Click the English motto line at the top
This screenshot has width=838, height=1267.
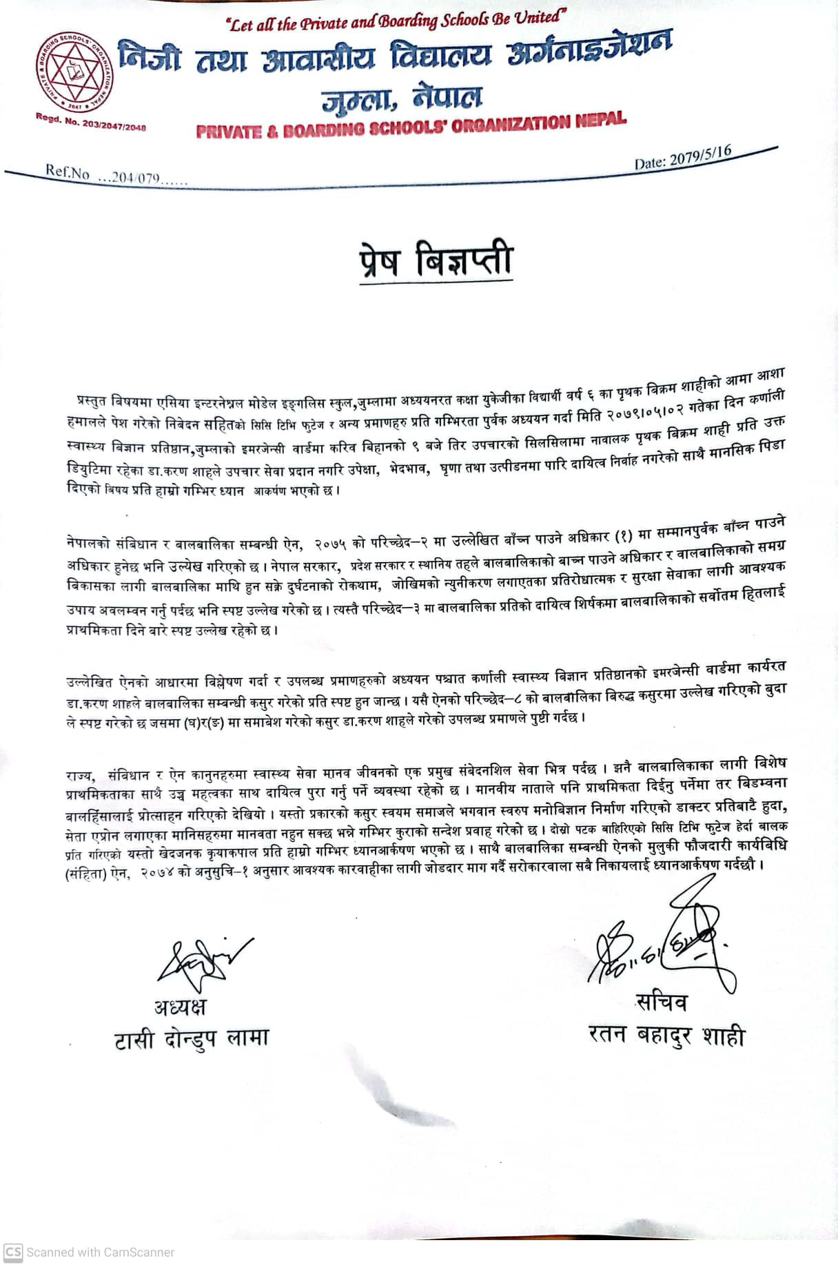click(x=398, y=22)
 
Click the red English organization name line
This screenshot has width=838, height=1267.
click(x=411, y=125)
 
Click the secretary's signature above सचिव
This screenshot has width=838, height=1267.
click(x=662, y=944)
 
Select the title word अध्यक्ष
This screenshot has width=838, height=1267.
click(x=180, y=1007)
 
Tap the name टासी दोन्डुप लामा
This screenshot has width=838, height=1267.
click(x=192, y=1038)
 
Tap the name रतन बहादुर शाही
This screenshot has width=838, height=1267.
click(x=666, y=1035)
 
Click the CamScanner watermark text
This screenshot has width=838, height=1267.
click(x=100, y=1252)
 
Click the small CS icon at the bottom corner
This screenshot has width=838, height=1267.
click(x=12, y=1252)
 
